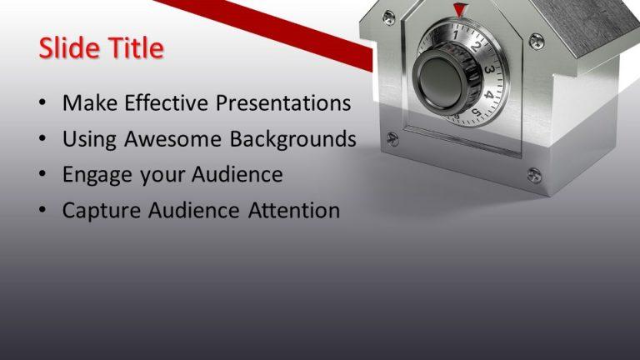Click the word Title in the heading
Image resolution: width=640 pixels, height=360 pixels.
tap(132, 48)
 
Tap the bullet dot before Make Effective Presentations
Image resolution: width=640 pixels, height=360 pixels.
tap(42, 104)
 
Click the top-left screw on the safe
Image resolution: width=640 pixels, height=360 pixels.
tap(388, 17)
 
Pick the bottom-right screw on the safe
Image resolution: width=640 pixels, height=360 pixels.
tap(534, 174)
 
